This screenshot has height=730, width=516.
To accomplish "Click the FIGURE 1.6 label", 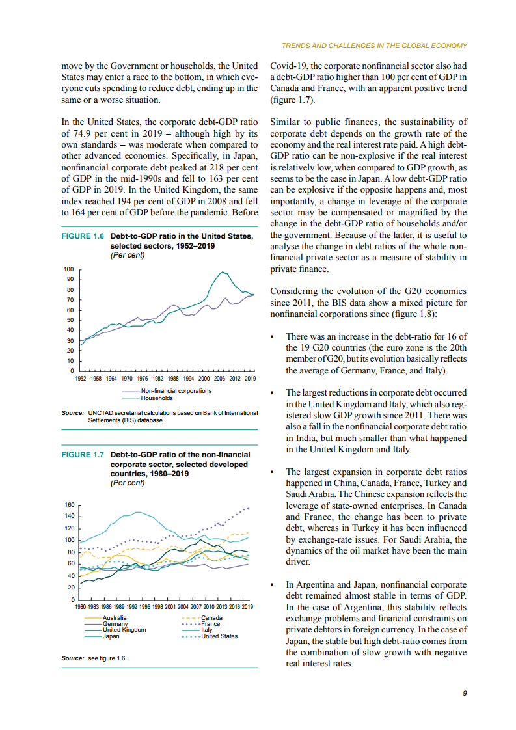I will tap(82, 236).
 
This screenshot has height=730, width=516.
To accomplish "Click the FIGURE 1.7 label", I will tap(82, 455).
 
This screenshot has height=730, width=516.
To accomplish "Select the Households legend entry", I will tap(157, 398).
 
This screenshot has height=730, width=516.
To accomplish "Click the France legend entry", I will tap(210, 623).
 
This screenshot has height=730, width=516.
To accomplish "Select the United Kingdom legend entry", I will tap(124, 630).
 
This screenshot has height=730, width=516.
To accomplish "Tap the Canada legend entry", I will tap(212, 617).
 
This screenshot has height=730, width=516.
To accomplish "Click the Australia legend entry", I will tap(115, 617).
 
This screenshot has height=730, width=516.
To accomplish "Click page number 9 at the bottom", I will tap(465, 693).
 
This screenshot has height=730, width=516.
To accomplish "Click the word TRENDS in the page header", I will tap(295, 46).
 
